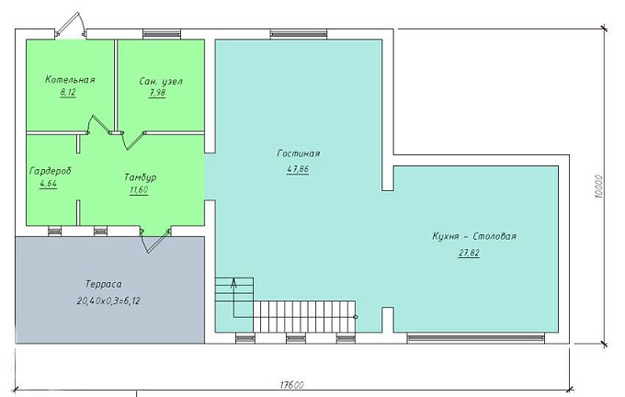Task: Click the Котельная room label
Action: (70, 79)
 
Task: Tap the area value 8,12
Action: (68, 93)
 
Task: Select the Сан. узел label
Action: (161, 81)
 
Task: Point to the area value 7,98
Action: (157, 93)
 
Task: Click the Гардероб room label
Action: (51, 171)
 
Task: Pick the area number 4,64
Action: (48, 184)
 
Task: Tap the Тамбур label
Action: (140, 177)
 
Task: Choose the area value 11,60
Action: (139, 189)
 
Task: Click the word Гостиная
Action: (298, 153)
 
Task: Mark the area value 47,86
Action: (298, 169)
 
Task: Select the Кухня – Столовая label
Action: (474, 236)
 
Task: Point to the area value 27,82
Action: (469, 253)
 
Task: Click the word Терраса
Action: (104, 284)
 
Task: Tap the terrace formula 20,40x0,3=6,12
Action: (108, 301)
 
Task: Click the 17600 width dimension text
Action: (291, 385)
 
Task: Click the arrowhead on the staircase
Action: (233, 283)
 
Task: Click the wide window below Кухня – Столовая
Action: (475, 339)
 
